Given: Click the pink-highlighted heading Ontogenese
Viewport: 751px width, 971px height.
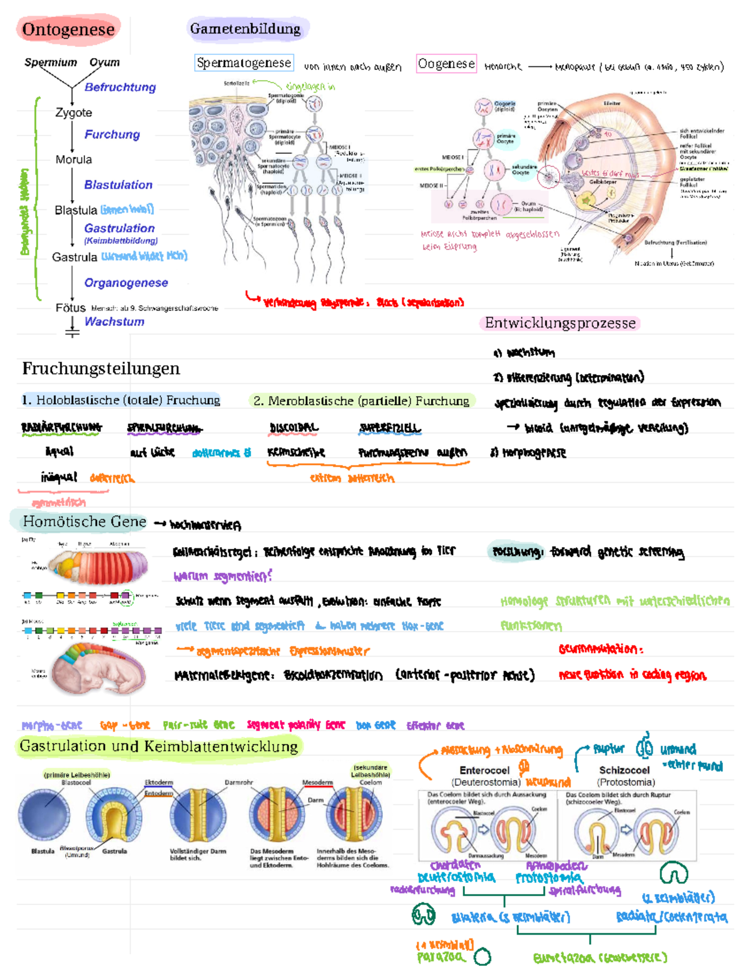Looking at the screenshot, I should pyautogui.click(x=68, y=29).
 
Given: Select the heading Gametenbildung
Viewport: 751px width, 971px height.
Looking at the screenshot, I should pyautogui.click(x=245, y=29).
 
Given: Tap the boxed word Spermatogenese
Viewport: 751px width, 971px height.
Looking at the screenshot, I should pyautogui.click(x=243, y=63).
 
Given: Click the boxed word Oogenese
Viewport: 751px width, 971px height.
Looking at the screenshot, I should pyautogui.click(x=446, y=64).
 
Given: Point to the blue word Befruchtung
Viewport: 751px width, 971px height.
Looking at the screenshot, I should pyautogui.click(x=120, y=88).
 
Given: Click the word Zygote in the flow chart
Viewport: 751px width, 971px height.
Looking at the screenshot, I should pyautogui.click(x=74, y=113).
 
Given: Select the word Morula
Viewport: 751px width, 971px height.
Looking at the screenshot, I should pyautogui.click(x=74, y=159).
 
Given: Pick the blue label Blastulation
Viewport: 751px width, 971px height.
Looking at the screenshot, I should pyautogui.click(x=118, y=185).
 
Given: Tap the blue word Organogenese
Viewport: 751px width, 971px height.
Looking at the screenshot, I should pyautogui.click(x=126, y=283).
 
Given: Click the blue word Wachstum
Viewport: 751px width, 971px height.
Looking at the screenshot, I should pyautogui.click(x=115, y=321).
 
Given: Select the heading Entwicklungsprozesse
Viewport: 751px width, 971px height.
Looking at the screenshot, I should pyautogui.click(x=560, y=323).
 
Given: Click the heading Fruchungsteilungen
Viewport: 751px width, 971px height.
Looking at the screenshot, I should pyautogui.click(x=101, y=369).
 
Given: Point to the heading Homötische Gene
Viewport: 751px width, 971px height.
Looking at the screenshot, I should pyautogui.click(x=84, y=521).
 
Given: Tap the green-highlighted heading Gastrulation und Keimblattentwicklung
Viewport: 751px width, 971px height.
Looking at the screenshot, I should pyautogui.click(x=159, y=746).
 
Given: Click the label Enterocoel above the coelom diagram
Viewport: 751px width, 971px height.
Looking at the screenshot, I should pyautogui.click(x=484, y=770).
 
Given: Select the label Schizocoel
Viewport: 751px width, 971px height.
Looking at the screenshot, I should pyautogui.click(x=624, y=770).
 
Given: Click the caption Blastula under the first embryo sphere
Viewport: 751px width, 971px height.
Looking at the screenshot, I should pyautogui.click(x=43, y=851).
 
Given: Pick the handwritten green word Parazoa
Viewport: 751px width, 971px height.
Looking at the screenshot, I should pyautogui.click(x=441, y=957).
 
